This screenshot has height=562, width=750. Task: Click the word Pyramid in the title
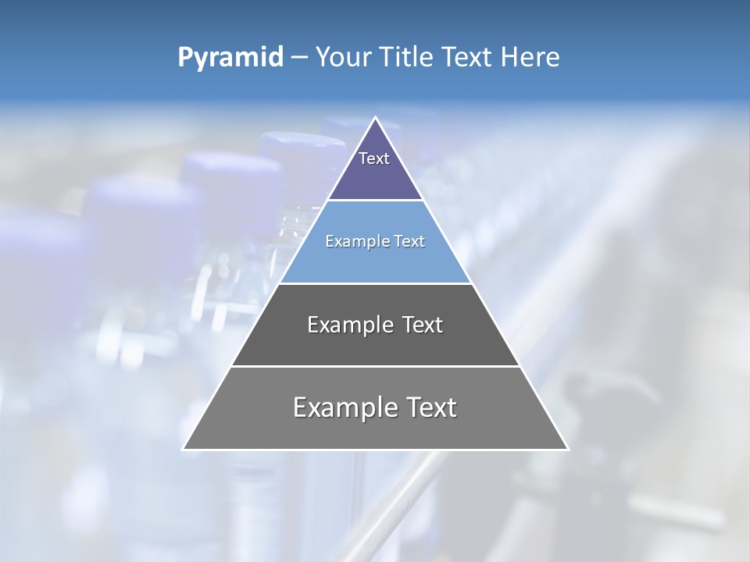click(230, 58)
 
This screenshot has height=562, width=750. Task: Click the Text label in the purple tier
click(374, 158)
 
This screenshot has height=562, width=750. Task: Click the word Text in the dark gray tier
click(423, 325)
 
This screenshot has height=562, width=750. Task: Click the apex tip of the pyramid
click(375, 118)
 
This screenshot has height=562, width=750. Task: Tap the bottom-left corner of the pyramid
click(184, 449)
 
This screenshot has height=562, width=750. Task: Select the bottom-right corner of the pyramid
click(567, 449)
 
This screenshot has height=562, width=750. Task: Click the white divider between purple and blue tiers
click(375, 201)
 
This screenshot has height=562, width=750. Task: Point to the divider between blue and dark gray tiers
click(375, 283)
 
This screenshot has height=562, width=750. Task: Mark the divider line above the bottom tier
click(375, 366)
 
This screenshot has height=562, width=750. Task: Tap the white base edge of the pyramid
click(375, 450)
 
